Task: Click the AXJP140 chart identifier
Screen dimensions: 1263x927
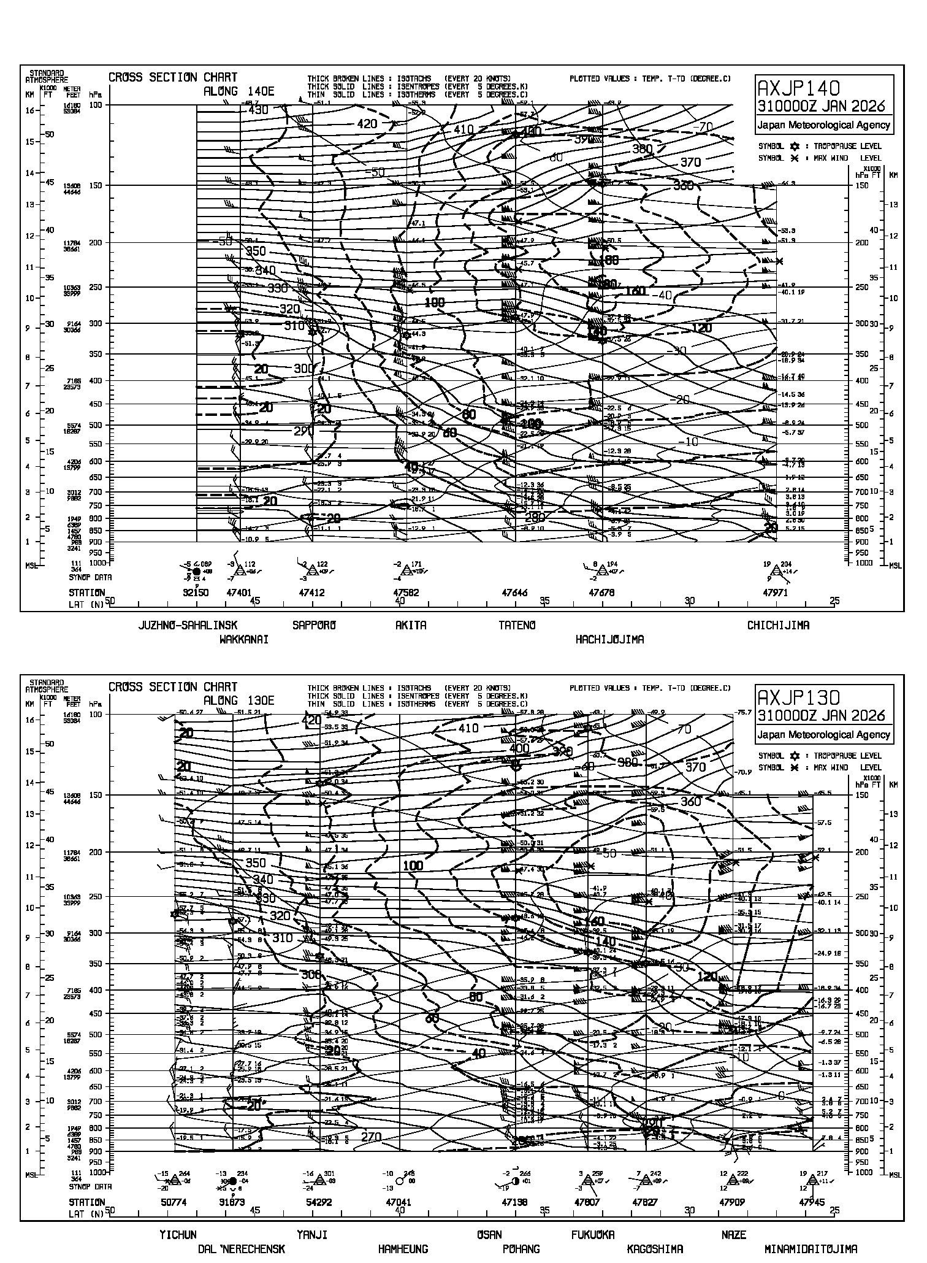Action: [x=799, y=86]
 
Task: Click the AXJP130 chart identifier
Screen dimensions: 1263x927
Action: [x=799, y=696]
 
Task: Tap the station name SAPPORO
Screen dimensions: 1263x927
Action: [x=315, y=626]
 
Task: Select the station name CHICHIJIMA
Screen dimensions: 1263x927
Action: [x=778, y=626]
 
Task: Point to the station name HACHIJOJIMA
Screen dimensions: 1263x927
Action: [x=609, y=640]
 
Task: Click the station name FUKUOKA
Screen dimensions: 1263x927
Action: [x=593, y=1235]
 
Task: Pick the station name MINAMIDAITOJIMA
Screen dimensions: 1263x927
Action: [x=811, y=1249]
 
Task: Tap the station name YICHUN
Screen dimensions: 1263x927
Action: [x=178, y=1235]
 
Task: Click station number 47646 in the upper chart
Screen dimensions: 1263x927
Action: [x=514, y=593]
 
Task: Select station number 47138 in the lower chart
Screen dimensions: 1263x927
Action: [x=514, y=1203]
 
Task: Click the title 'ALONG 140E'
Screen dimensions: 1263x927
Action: [x=238, y=91]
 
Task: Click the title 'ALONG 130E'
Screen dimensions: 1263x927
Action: [x=238, y=701]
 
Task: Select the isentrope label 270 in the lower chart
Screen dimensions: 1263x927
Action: [x=371, y=1137]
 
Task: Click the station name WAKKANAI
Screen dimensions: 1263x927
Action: [x=244, y=640]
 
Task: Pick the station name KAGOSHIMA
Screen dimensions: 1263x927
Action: [x=655, y=1249]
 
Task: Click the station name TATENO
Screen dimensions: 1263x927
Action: [x=517, y=626]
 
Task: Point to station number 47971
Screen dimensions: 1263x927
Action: [x=775, y=593]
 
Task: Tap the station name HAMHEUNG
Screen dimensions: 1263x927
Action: [x=403, y=1249]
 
